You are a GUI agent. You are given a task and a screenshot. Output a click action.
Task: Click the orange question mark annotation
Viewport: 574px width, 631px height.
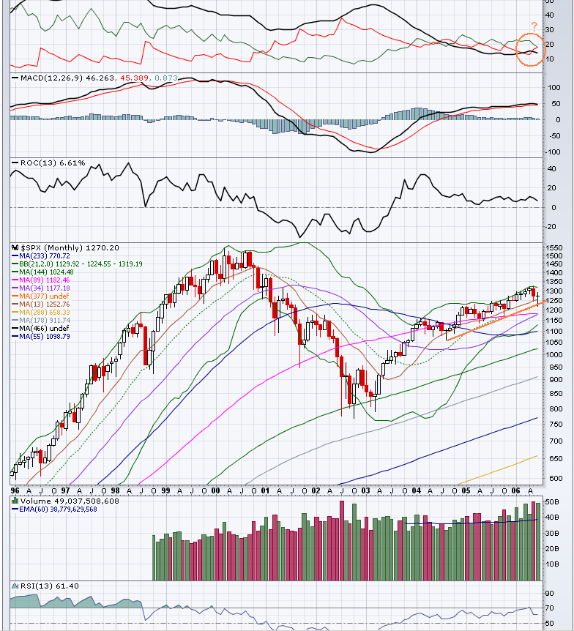click(534, 26)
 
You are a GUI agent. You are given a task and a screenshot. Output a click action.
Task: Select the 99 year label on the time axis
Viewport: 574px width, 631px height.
click(166, 490)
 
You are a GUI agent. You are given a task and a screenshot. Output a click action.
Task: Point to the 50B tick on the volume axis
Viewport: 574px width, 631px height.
click(553, 501)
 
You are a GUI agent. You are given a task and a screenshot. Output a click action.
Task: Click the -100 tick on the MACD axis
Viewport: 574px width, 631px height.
click(553, 152)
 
